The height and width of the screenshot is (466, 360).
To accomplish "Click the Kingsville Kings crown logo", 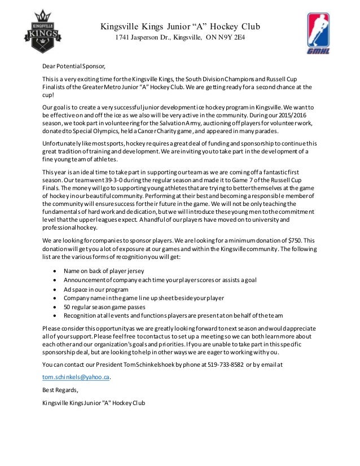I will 39,32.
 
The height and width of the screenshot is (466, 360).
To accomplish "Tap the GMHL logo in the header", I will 319,32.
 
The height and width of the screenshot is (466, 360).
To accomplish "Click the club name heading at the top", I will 180,26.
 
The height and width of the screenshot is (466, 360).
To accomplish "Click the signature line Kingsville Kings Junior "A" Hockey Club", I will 94,402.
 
